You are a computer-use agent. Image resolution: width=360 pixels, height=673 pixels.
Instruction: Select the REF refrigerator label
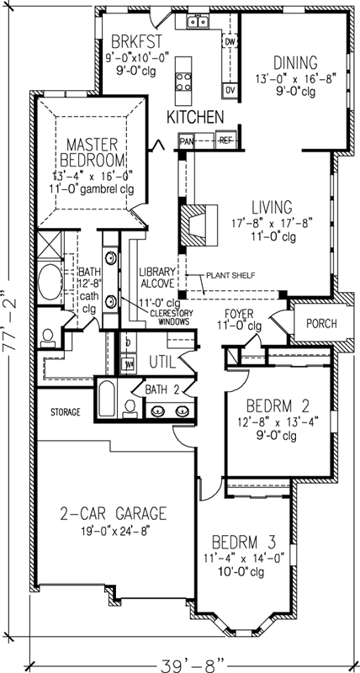tap(225, 142)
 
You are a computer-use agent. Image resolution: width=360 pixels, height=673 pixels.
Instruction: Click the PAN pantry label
tap(187, 142)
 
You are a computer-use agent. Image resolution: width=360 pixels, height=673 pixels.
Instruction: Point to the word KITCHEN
tap(194, 117)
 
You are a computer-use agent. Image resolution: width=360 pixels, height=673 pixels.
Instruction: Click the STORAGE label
tap(64, 412)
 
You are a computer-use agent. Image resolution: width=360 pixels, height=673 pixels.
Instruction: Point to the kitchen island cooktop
tap(181, 81)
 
